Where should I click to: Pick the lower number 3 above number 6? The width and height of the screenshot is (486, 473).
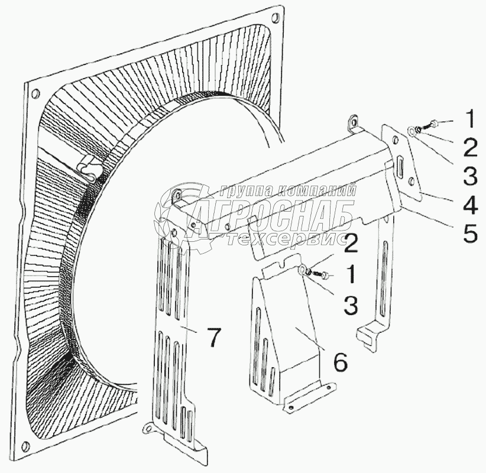pyautogui.click(x=350, y=306)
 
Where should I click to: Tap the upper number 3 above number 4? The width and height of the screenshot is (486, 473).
pyautogui.click(x=469, y=176)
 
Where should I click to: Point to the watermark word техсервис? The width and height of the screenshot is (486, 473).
pyautogui.click(x=285, y=238)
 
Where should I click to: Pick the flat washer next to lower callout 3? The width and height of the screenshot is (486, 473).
pyautogui.click(x=302, y=271)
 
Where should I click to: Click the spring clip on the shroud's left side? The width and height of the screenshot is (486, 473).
pyautogui.click(x=90, y=167)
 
